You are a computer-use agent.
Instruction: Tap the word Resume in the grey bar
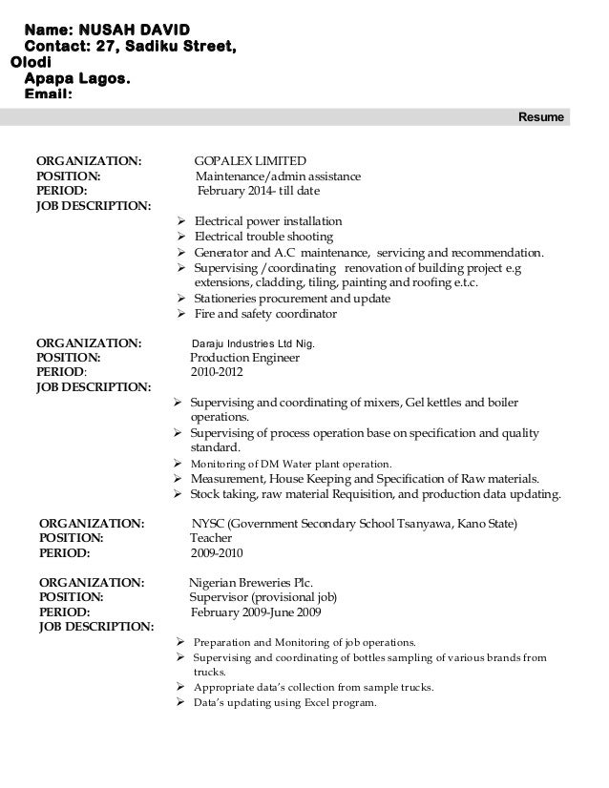click(x=540, y=117)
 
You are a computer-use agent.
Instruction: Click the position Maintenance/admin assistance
click(x=278, y=176)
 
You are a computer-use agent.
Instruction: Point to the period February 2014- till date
click(x=258, y=191)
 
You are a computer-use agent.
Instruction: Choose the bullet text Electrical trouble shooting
click(x=263, y=237)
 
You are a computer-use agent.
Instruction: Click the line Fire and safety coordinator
click(x=265, y=314)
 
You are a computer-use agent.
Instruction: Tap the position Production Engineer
click(x=245, y=358)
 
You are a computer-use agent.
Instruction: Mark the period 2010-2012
click(x=217, y=373)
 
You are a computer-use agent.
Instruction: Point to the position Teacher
click(x=211, y=538)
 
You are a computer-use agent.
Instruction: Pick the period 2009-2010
click(x=217, y=553)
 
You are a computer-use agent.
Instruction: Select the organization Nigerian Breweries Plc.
click(x=250, y=582)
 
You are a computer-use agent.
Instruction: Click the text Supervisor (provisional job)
click(x=262, y=597)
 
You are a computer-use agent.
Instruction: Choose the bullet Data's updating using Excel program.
click(x=285, y=704)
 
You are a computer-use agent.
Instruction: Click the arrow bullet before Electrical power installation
click(x=182, y=222)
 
